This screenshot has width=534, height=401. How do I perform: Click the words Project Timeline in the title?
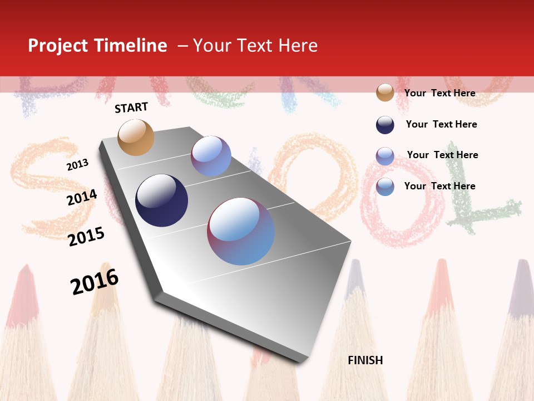click(97, 46)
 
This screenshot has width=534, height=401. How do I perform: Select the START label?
click(131, 107)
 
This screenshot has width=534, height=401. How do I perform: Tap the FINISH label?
click(365, 360)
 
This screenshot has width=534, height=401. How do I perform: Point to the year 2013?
click(78, 164)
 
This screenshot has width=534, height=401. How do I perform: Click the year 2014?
click(82, 197)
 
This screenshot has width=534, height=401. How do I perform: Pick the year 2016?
click(95, 281)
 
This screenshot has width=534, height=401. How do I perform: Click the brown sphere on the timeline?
click(136, 137)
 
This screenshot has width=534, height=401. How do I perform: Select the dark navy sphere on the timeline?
click(161, 200)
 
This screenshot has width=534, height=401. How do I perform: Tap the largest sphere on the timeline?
click(241, 231)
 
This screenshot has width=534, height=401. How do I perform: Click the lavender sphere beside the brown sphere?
click(211, 156)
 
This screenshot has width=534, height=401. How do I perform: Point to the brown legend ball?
click(385, 92)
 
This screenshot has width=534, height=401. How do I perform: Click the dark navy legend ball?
click(385, 125)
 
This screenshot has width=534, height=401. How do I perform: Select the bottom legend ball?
click(385, 187)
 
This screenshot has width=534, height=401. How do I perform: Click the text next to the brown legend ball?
click(439, 93)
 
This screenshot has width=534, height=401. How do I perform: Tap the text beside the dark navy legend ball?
click(441, 124)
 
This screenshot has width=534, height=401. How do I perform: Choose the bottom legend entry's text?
click(439, 186)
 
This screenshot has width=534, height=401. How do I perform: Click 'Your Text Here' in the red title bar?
click(255, 46)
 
